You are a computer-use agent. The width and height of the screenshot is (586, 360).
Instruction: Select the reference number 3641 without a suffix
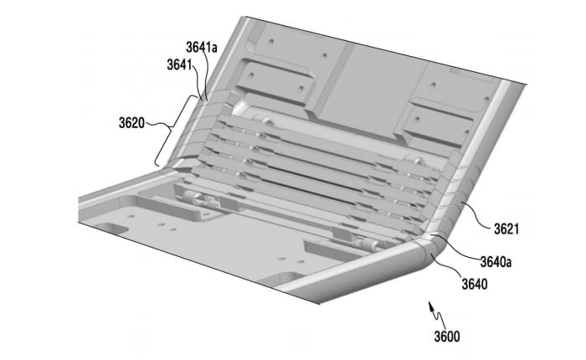tap(179, 64)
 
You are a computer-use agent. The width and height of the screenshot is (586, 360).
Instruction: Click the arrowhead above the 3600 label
tap(432, 308)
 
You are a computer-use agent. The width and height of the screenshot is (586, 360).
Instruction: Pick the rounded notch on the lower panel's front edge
tap(289, 276)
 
